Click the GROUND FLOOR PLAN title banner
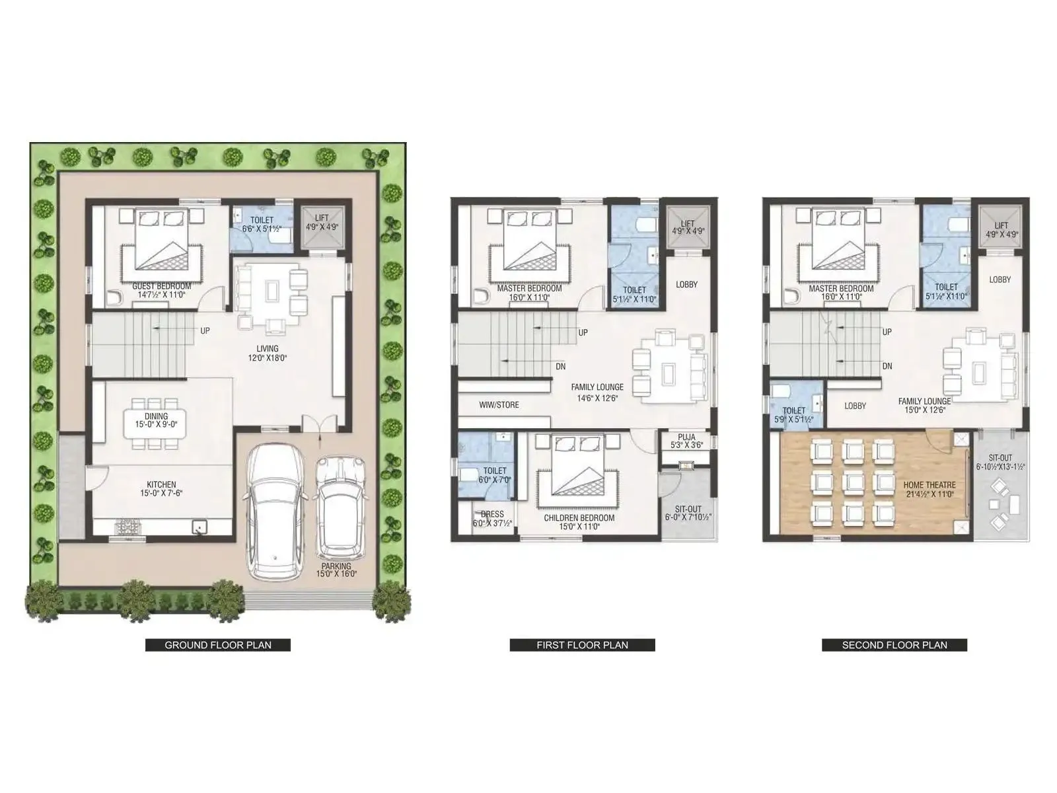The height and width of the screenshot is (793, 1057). [x=217, y=645]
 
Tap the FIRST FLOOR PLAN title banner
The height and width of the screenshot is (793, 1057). [x=582, y=645]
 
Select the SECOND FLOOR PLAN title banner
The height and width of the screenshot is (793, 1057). [x=894, y=645]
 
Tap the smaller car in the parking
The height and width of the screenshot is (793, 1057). [x=341, y=508]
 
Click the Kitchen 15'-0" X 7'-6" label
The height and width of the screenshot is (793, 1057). [x=162, y=489]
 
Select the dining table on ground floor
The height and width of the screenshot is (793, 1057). [x=156, y=424]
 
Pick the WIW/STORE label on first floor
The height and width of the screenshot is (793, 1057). [x=499, y=405]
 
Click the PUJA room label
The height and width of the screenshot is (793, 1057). [x=686, y=441]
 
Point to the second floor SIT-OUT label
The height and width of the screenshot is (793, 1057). [x=1000, y=462]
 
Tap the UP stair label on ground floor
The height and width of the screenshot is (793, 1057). [x=205, y=330]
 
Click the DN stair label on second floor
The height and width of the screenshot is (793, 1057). [x=887, y=366]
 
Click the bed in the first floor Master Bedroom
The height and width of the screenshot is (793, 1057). [x=529, y=241]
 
